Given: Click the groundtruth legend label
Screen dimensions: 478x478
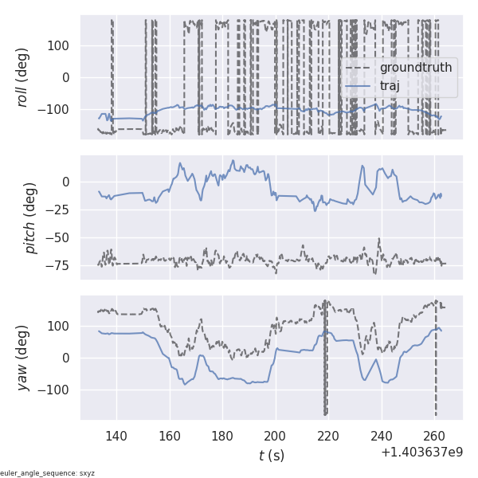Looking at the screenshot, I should [x=416, y=68].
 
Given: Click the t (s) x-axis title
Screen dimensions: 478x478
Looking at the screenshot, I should [x=271, y=455].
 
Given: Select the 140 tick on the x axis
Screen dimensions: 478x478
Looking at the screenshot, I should [x=116, y=436].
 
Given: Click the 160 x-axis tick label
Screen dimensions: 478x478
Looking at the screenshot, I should [x=170, y=436].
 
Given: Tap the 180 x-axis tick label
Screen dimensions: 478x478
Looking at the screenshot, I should [x=222, y=436].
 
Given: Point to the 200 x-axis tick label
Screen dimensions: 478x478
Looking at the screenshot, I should [x=276, y=436].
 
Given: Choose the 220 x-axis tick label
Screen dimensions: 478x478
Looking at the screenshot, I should [x=329, y=436].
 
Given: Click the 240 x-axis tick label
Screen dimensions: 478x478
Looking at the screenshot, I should [x=382, y=436].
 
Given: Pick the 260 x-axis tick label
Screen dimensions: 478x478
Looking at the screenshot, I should [x=435, y=436].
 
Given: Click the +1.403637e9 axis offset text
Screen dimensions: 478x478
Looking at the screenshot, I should [x=421, y=452].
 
